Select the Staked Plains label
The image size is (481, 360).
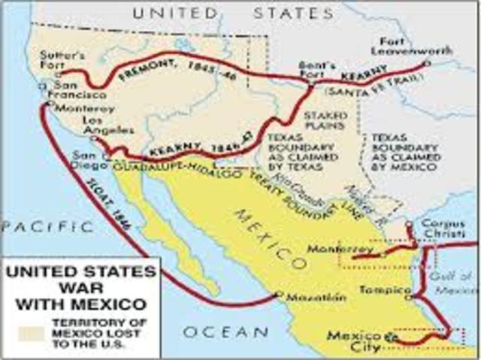click(x=325, y=122)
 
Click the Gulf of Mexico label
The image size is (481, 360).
click(x=455, y=283)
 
